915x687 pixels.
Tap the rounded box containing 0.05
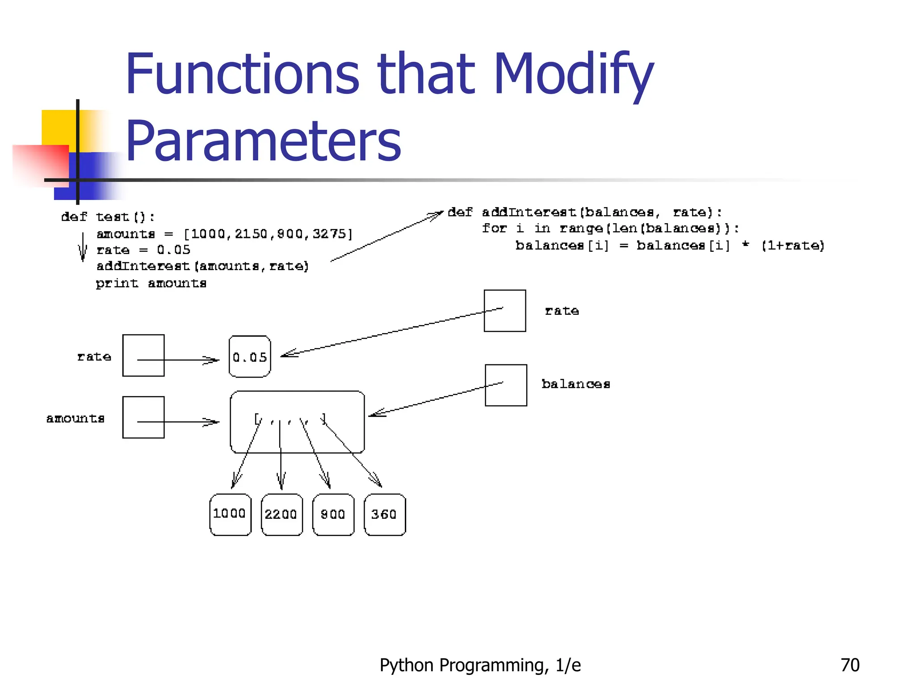click(x=250, y=356)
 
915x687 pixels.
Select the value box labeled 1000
click(x=230, y=514)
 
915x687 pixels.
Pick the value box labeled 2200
click(x=281, y=514)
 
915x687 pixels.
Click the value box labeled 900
click(x=333, y=514)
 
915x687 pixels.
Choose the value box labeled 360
click(x=384, y=514)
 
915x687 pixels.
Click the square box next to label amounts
click(x=143, y=417)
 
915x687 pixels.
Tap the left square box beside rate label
click(x=143, y=355)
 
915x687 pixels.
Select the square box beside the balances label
click(x=506, y=385)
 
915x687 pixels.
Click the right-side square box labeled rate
click(x=505, y=310)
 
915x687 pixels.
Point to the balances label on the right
click(x=575, y=384)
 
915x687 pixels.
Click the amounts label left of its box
click(x=76, y=418)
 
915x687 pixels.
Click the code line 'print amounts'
click(x=151, y=283)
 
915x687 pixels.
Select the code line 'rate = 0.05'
click(x=143, y=250)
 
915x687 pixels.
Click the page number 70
click(x=849, y=665)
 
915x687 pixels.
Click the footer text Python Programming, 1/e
click(x=480, y=665)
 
